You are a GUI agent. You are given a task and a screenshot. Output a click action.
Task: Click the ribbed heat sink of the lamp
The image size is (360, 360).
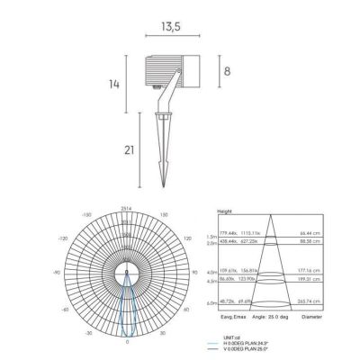click(163, 67)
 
